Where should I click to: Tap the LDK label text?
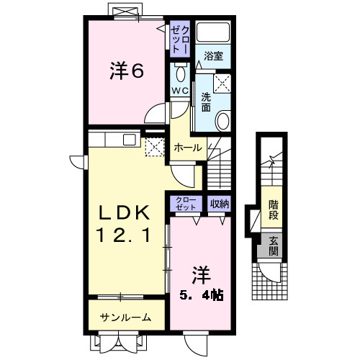click(125, 213)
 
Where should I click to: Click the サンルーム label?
click(125, 317)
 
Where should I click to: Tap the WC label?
click(179, 91)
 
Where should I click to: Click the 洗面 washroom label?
click(206, 102)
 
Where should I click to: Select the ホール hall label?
click(188, 147)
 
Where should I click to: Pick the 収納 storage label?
click(220, 204)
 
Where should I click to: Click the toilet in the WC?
click(180, 73)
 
